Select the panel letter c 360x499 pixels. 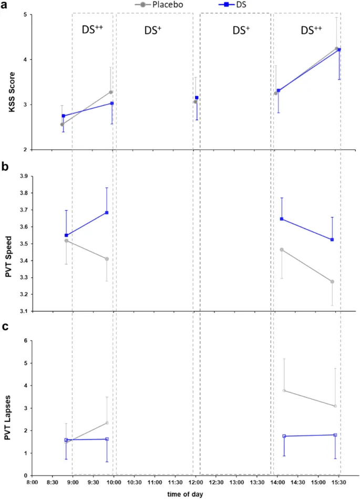(x=5, y=326)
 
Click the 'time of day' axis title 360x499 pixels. (x=185, y=494)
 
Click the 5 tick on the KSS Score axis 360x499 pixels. (x=25, y=15)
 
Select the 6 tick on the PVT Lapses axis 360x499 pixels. (x=25, y=341)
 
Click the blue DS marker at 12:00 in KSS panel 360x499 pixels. (x=197, y=98)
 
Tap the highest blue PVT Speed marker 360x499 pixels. (x=107, y=213)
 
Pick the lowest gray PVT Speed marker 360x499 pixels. (x=332, y=282)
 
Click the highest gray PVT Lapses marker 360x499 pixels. (x=284, y=390)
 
